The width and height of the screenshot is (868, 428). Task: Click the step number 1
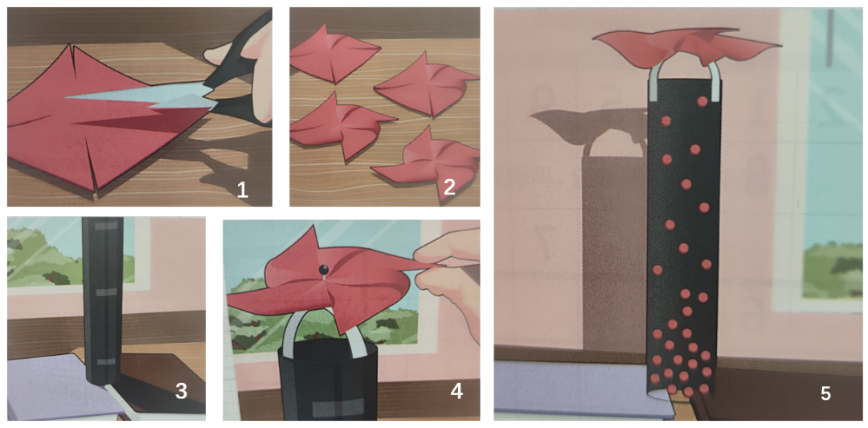pos(242,190)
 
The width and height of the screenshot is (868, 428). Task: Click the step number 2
pos(449,188)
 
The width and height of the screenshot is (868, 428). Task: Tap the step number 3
pos(181,391)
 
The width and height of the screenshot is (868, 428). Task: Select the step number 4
pos(457,391)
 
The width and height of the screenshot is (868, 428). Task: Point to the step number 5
pos(825,393)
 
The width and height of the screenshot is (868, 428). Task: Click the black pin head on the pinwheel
pos(322,269)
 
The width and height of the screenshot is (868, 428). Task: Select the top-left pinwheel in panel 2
pos(331,54)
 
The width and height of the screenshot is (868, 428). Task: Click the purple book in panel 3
pos(61,387)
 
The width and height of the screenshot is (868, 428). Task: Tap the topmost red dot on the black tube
pos(702,101)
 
